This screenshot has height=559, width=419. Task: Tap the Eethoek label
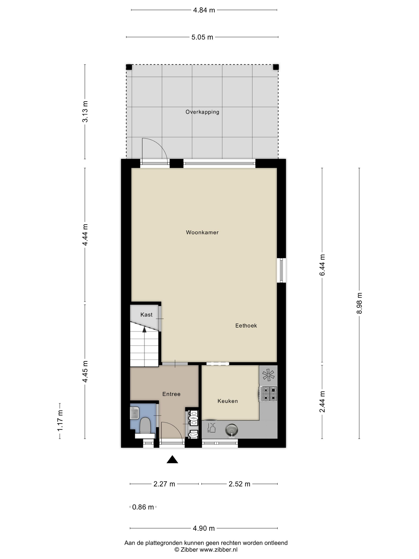click(246, 325)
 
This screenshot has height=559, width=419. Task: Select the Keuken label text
click(228, 401)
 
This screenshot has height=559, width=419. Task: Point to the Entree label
click(171, 394)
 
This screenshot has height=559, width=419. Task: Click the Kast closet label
click(146, 314)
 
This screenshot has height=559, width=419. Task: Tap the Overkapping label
click(202, 112)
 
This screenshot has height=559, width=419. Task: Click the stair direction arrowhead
click(144, 329)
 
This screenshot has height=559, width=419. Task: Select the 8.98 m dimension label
click(359, 303)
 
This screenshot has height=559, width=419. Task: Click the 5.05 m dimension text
click(202, 37)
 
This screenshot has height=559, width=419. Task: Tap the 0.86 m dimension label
click(143, 507)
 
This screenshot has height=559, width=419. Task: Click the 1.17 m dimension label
click(60, 421)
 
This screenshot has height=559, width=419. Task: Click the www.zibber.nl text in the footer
click(218, 549)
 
